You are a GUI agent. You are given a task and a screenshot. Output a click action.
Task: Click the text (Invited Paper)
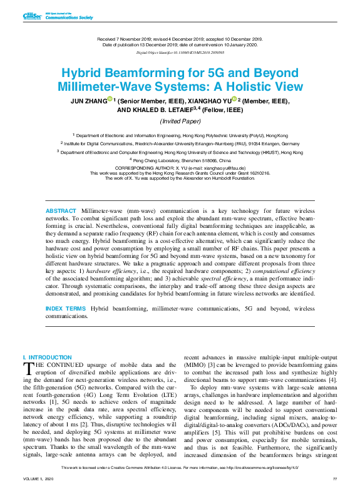click(180, 121)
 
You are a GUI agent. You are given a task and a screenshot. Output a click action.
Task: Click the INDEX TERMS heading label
click(66, 309)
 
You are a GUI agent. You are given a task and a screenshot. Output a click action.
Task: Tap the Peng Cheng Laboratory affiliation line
click(180, 160)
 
